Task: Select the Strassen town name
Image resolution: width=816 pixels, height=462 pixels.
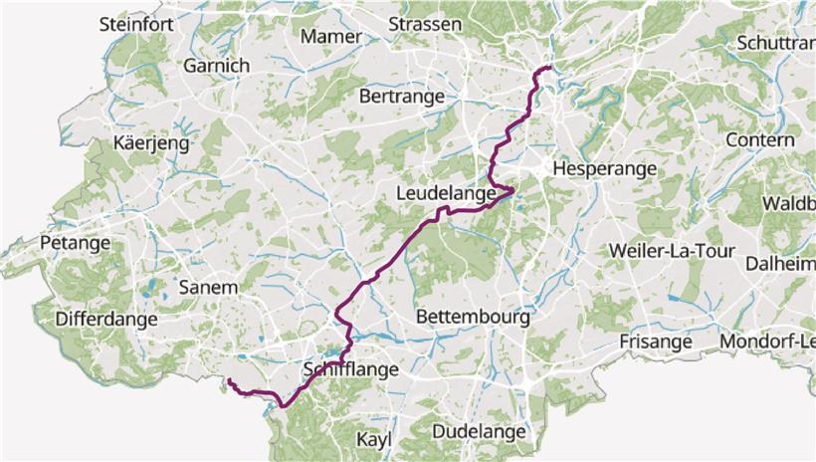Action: [425, 24]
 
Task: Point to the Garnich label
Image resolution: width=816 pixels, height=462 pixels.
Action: [215, 66]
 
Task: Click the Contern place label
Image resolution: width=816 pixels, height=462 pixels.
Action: [759, 140]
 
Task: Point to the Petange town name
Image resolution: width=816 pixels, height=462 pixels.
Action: [75, 243]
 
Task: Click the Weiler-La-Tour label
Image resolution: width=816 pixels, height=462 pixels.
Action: [675, 250]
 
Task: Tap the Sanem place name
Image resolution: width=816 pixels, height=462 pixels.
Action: [208, 288]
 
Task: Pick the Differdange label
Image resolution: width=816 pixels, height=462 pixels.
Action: [106, 320]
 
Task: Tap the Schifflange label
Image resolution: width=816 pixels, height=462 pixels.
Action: [350, 369]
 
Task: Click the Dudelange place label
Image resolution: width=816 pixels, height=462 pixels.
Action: [479, 431]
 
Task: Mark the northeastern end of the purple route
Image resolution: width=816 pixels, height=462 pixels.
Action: [549, 67]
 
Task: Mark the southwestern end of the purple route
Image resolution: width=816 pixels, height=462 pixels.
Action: [229, 380]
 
